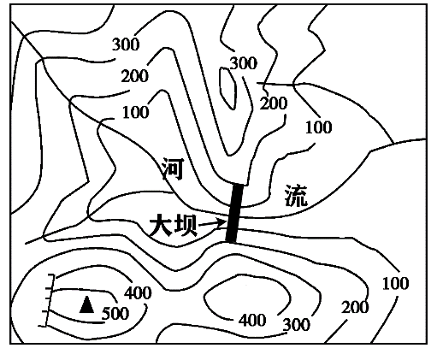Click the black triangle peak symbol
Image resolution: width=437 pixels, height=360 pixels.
86,305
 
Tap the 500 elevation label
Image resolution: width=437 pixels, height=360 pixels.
115,314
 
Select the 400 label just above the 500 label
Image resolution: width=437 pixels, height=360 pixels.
139,293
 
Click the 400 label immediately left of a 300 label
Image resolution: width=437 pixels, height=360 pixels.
252,320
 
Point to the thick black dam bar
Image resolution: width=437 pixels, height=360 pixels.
234,213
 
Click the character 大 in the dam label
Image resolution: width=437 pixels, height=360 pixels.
161,225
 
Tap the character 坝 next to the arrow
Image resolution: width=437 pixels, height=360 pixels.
186,225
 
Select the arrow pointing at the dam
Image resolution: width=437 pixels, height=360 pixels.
212,224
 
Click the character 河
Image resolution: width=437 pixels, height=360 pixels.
173,169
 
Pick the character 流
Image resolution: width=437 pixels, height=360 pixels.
297,196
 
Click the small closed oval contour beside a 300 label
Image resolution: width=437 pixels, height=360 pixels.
227,89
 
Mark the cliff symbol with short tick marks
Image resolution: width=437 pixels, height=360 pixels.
48,300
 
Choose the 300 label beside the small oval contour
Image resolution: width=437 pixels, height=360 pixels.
244,63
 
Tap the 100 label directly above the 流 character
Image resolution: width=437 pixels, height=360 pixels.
319,127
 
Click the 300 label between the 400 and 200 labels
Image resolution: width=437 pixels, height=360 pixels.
297,325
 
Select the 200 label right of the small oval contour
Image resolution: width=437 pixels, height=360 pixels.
274,103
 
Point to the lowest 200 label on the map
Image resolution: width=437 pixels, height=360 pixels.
355,307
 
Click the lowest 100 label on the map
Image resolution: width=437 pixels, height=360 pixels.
396,284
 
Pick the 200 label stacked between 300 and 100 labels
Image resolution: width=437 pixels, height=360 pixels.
135,76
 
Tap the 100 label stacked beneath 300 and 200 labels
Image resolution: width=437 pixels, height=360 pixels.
136,112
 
